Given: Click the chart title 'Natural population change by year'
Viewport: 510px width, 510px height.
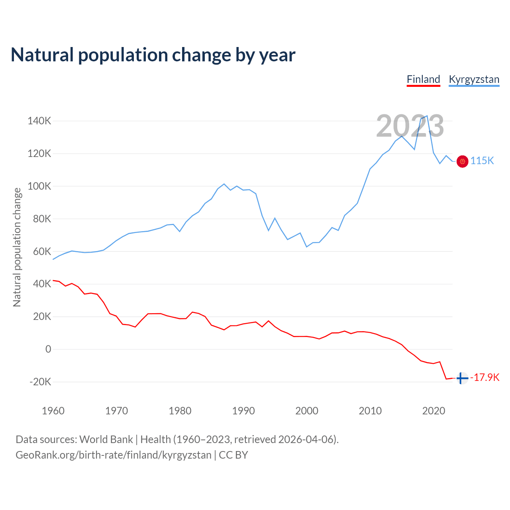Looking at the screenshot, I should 153,55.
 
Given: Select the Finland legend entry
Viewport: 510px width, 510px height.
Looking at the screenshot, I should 423,79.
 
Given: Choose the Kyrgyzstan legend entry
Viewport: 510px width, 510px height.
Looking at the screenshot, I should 474,79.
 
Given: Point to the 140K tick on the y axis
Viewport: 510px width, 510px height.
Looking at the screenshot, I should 39,121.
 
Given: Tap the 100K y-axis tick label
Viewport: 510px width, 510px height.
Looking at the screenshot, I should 39,186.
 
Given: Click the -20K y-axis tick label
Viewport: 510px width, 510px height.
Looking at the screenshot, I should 40,382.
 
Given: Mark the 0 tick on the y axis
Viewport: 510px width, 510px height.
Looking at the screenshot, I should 48,349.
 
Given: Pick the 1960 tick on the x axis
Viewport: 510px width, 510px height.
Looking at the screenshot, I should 53,411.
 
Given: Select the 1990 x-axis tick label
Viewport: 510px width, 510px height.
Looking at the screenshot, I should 243,411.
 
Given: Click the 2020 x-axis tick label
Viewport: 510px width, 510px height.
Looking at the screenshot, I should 433,411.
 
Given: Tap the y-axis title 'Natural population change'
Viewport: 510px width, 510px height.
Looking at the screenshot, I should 17,247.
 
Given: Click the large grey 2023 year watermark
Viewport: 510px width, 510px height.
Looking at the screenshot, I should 410,126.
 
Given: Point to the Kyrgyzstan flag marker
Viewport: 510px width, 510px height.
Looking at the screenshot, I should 462,161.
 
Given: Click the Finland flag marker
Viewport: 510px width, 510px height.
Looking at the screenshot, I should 462,378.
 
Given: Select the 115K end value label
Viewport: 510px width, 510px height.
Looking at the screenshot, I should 482,161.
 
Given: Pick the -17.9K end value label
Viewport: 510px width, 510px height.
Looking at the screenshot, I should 485,377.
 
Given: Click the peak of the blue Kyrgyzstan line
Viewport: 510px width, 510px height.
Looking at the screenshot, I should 427,116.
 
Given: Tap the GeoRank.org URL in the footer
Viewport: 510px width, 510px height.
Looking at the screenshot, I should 114,455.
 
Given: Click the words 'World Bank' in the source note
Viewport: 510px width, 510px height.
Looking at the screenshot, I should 106,439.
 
